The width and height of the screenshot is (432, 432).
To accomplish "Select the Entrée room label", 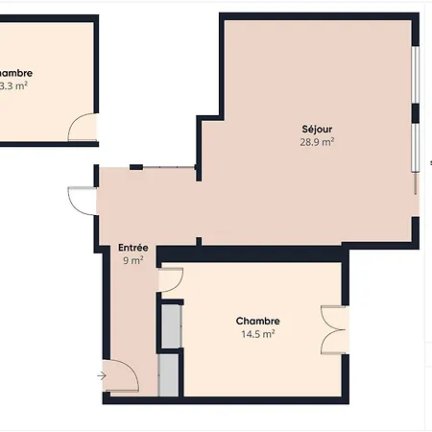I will [132, 247].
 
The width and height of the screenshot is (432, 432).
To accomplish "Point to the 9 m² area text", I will [132, 259].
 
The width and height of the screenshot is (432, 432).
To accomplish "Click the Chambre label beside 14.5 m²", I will [257, 322].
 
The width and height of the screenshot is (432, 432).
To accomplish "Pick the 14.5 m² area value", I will [257, 334].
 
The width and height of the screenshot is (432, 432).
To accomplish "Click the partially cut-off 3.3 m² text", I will [12, 85].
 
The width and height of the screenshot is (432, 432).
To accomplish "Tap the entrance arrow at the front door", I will [103, 375].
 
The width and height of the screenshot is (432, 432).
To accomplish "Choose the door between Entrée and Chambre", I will [170, 279].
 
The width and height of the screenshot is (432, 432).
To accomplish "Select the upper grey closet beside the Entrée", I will [170, 324].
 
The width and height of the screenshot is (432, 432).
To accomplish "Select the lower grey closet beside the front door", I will [170, 375].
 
